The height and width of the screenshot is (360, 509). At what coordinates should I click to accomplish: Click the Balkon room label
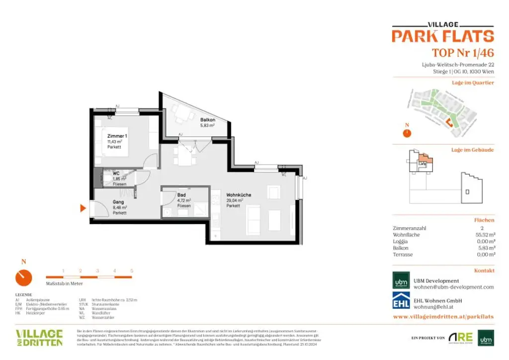[208, 120]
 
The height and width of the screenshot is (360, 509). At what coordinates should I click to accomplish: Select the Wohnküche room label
[239, 195]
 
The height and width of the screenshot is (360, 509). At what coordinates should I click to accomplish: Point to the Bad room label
[181, 195]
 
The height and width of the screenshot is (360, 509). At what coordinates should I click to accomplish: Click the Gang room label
[118, 201]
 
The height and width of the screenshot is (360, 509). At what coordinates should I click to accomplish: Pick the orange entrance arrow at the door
[84, 208]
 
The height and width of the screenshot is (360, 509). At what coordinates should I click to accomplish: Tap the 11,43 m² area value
[115, 141]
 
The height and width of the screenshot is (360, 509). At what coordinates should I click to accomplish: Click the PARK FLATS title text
[442, 36]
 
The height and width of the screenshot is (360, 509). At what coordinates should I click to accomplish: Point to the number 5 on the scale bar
[132, 270]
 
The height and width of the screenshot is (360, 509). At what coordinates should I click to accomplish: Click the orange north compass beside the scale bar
[24, 278]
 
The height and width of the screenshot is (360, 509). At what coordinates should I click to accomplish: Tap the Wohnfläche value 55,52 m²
[485, 235]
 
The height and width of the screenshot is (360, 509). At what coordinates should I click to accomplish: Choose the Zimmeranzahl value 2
[481, 228]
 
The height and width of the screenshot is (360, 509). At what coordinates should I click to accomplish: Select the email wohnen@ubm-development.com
[454, 287]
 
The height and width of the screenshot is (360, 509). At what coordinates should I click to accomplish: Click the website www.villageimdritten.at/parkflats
[443, 316]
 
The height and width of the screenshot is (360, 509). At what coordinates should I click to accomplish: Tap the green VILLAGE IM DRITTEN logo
[39, 337]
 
